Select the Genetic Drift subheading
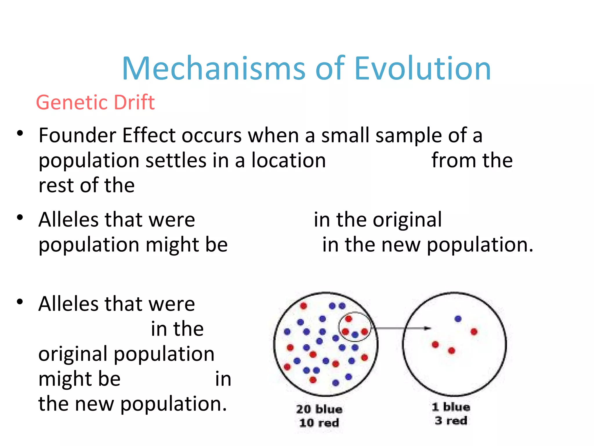[x=95, y=102]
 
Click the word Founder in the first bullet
[x=77, y=135]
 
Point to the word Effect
[x=149, y=135]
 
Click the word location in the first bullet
[x=289, y=160]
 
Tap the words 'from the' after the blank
[x=472, y=160]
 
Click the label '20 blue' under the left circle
[x=319, y=409]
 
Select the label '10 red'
[x=319, y=423]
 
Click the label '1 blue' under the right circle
[x=451, y=407]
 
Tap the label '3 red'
[x=451, y=420]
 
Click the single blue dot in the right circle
[x=458, y=319]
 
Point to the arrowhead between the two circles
[x=428, y=328]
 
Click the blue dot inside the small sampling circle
[x=355, y=334]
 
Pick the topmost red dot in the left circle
[x=303, y=306]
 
